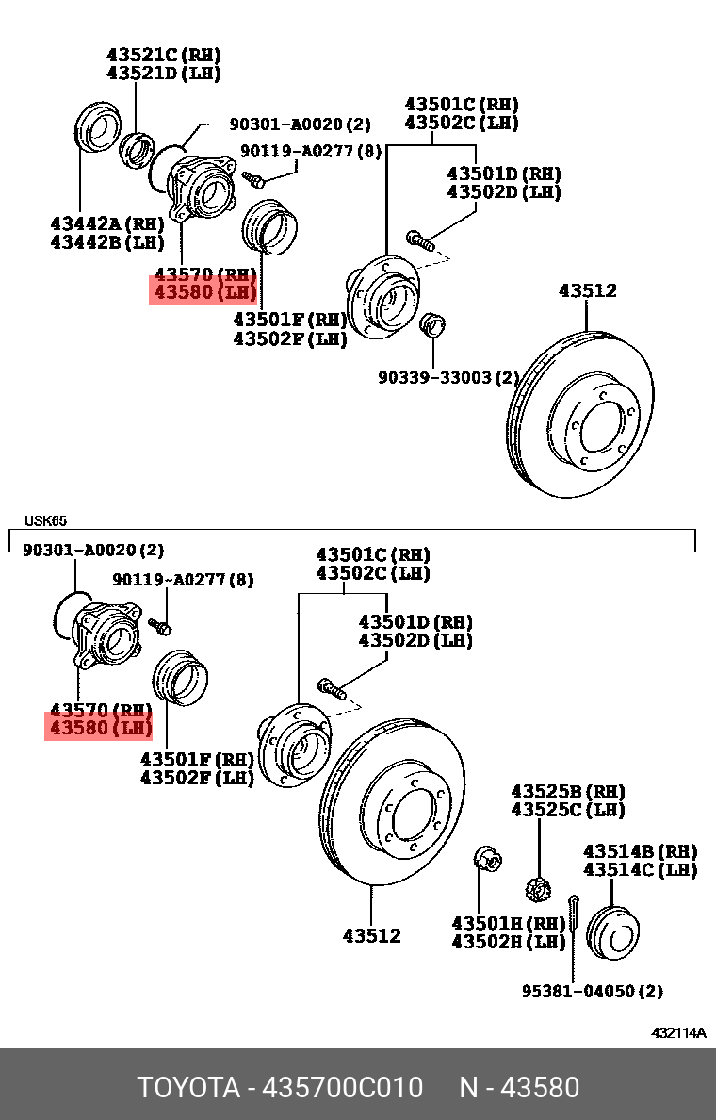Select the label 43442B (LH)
click(x=106, y=241)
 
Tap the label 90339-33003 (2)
click(x=448, y=377)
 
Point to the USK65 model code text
click(x=45, y=520)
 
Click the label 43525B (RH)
click(x=568, y=791)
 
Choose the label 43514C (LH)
click(x=640, y=869)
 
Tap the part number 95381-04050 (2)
click(x=593, y=991)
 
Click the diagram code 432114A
click(x=678, y=1032)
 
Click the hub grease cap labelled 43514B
click(x=613, y=932)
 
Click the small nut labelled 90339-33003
click(x=431, y=324)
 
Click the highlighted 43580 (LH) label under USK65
click(x=98, y=728)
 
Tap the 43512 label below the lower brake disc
click(x=371, y=935)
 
